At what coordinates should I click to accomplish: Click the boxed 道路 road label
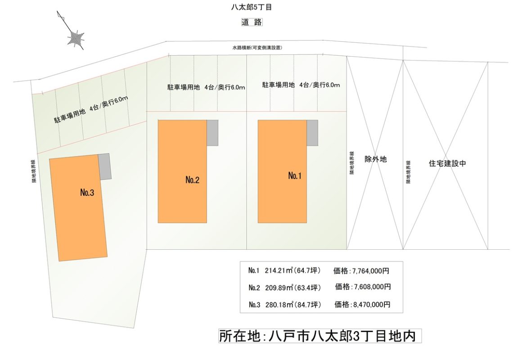[252, 22]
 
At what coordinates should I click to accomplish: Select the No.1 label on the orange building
[294, 176]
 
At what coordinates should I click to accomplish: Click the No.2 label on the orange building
[192, 180]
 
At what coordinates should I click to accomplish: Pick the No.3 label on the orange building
[87, 193]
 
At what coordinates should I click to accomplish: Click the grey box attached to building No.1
[312, 132]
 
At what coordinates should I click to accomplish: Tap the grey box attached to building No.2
[212, 132]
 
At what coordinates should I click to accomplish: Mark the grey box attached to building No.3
[105, 166]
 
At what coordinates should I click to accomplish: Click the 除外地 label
[376, 159]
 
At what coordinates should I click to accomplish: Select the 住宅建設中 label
[447, 164]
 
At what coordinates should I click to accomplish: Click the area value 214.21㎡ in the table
[279, 271]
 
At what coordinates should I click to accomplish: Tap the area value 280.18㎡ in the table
[280, 305]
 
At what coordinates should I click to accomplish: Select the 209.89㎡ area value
[280, 287]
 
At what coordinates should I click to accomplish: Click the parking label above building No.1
[301, 85]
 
